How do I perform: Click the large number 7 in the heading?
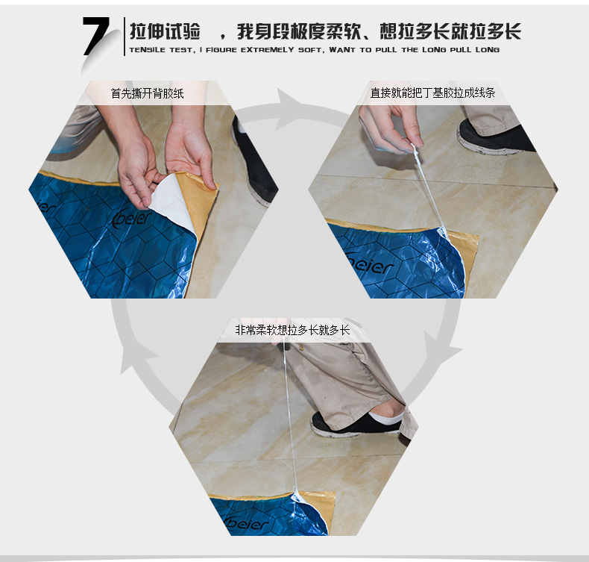pos(96,36)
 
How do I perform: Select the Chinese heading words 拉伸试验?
pos(165,31)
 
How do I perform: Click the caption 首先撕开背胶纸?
pos(148,93)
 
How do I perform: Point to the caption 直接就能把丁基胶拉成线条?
pos(432,93)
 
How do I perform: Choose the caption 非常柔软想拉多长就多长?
pos(292,330)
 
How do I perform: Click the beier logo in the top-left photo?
pos(132,218)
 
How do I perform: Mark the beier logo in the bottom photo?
pos(247,524)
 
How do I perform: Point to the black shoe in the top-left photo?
pos(253,162)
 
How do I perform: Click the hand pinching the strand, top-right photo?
pos(391,129)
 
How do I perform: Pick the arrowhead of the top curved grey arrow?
pos(290,109)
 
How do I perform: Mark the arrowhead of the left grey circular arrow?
pos(137,357)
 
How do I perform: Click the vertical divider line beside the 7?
pos(125,37)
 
